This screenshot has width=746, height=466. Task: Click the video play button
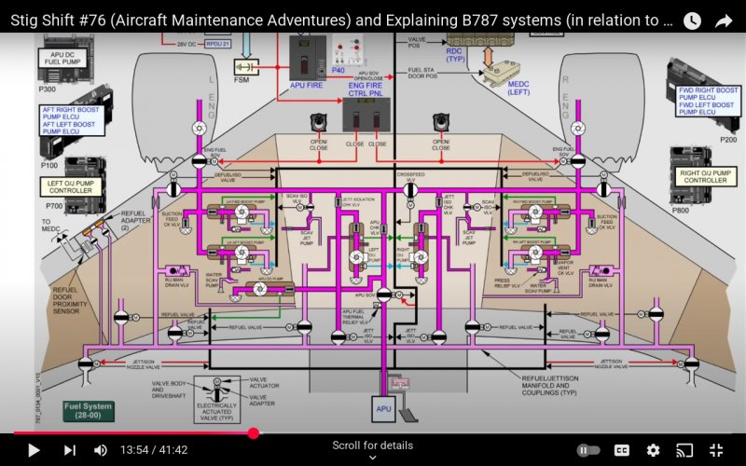click(x=34, y=450)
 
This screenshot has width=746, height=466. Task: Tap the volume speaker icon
click(x=101, y=450)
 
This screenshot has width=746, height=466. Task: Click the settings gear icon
click(x=653, y=450)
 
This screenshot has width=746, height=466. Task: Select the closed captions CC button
click(x=622, y=450)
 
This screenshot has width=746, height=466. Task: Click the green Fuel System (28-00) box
click(x=89, y=410)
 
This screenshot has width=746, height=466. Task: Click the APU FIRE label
click(x=306, y=85)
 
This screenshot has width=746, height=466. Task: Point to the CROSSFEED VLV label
click(x=409, y=174)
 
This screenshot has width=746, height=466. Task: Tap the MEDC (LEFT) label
click(x=518, y=89)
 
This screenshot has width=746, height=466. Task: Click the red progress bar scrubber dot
click(x=254, y=433)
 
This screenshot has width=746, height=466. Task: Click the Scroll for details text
click(x=372, y=445)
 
